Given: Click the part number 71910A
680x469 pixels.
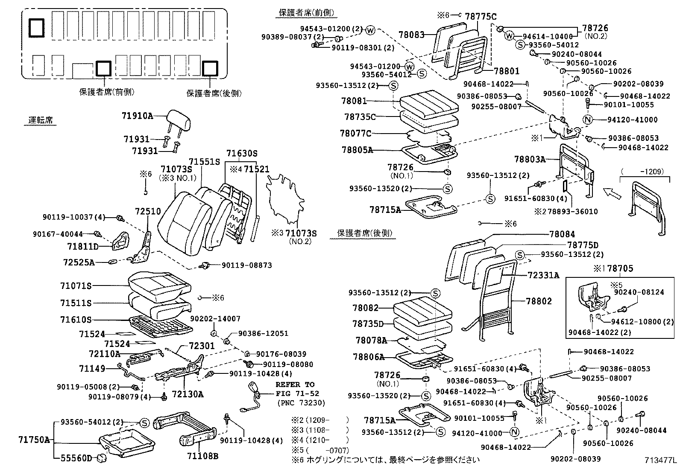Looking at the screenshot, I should [x=138, y=115].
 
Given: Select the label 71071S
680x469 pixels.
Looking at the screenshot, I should [x=76, y=285].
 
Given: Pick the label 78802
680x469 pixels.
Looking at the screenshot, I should [x=539, y=301].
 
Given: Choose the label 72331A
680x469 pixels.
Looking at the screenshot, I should [x=543, y=275].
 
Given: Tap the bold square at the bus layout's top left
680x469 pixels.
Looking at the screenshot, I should [x=36, y=28].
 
